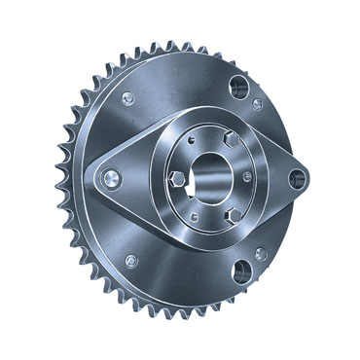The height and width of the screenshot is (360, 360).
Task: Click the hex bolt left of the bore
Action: pyautogui.click(x=175, y=179)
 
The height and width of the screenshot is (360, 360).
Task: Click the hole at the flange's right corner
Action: pyautogui.click(x=296, y=177)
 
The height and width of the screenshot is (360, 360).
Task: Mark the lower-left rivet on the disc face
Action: pyautogui.click(x=132, y=260)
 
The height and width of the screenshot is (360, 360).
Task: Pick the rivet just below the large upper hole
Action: pyautogui.click(x=257, y=103)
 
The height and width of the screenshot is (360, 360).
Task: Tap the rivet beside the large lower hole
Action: pyautogui.click(x=260, y=254)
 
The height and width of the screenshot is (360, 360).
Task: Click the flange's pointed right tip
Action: pyautogui.click(x=308, y=177)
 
